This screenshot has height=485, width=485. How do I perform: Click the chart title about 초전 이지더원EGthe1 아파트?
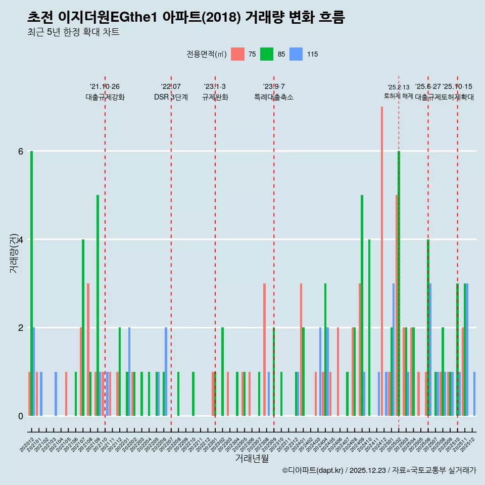point(186,18)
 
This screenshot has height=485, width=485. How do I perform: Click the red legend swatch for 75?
point(237,54)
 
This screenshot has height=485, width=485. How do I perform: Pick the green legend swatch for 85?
point(267,54)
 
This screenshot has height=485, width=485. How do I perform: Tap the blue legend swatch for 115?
point(296,54)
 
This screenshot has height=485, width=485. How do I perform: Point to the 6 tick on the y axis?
point(20,151)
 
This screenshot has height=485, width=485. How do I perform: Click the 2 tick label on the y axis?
point(20,327)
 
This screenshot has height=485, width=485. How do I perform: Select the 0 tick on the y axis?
point(20,416)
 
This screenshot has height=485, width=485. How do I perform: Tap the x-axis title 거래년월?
point(252,458)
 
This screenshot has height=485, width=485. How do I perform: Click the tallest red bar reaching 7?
point(382,253)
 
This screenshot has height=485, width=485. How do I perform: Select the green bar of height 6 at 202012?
point(31,283)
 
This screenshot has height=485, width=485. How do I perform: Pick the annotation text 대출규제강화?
point(105,98)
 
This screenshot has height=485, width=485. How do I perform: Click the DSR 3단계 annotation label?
point(171,98)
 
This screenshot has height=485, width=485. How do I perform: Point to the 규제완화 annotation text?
point(215,98)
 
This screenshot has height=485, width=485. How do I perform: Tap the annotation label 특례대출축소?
point(274,98)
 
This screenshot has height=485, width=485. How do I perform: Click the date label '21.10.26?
point(105,87)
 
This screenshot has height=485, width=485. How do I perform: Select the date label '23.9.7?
point(274,87)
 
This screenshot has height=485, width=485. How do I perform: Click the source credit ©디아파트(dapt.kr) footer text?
point(379,470)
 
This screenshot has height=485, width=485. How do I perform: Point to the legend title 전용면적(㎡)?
point(206,54)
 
